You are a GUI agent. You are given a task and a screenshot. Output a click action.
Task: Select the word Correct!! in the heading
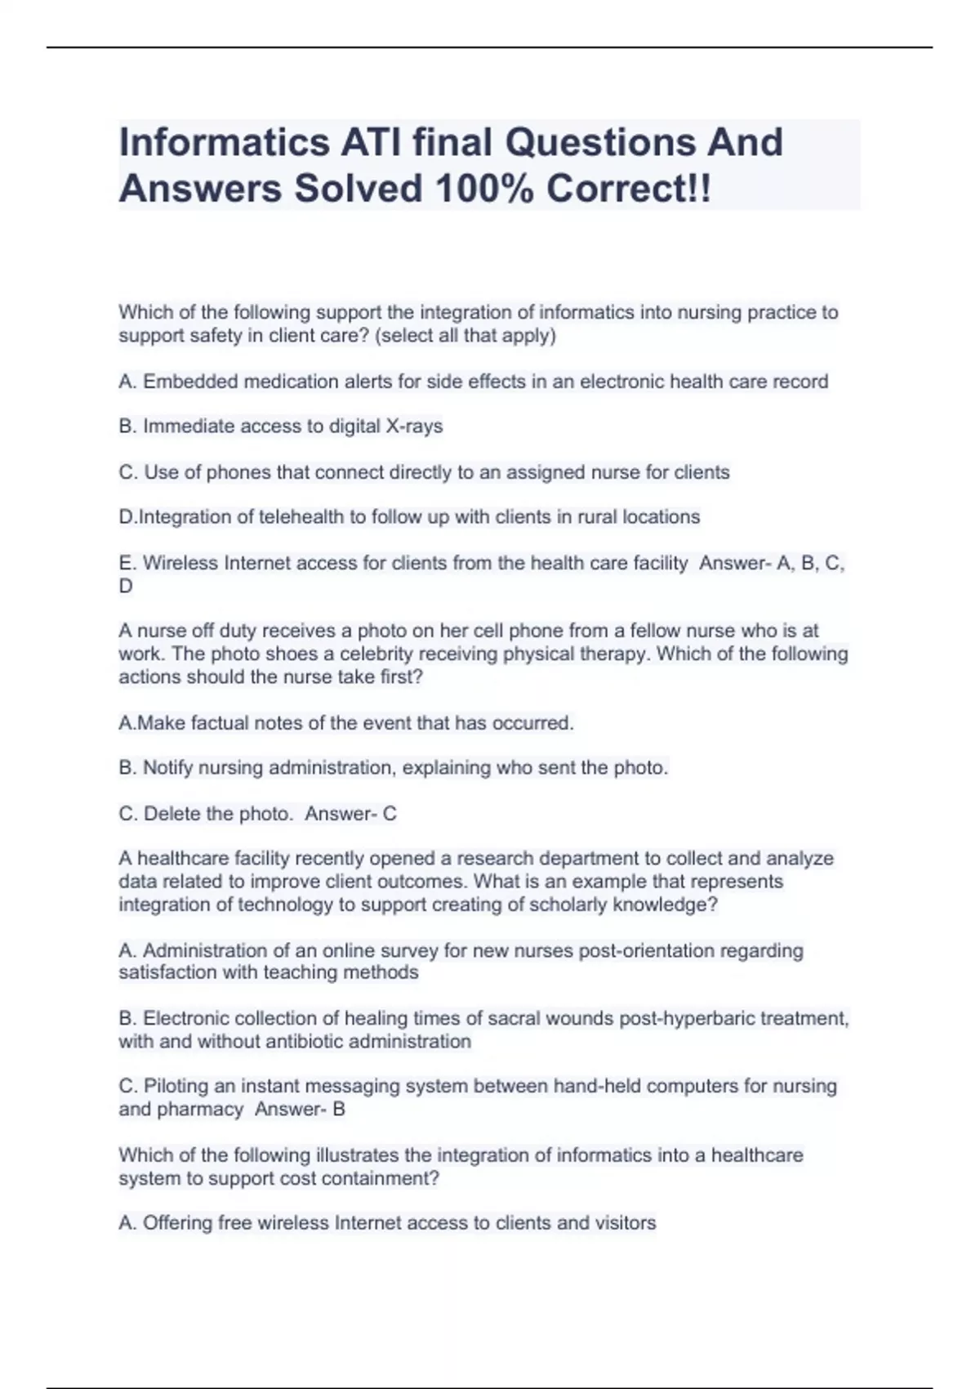pos(629,189)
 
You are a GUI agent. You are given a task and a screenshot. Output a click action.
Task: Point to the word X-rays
pos(414,427)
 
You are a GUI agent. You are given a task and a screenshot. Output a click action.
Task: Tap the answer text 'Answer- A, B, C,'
pos(772,563)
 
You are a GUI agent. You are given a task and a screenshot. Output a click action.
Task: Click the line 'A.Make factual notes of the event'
pos(346,723)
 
